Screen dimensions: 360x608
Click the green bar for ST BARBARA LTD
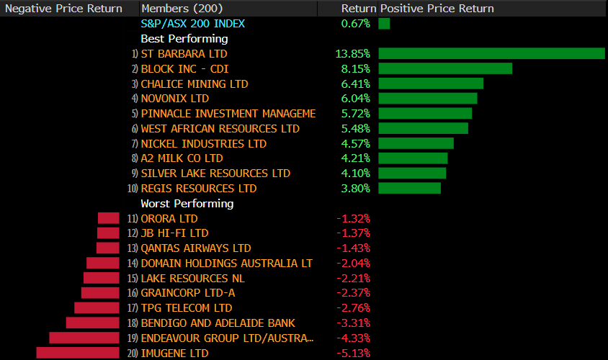click(x=491, y=53)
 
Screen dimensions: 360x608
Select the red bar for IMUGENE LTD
click(x=78, y=353)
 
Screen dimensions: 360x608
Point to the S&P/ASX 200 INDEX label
click(x=193, y=24)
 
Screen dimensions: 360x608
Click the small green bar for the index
click(x=384, y=24)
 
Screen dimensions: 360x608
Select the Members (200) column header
click(x=182, y=9)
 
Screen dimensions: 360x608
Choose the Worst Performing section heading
click(x=187, y=204)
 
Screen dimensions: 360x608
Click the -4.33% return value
click(x=353, y=338)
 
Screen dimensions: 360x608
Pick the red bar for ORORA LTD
click(x=109, y=218)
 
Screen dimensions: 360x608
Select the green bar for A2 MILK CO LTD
click(x=413, y=158)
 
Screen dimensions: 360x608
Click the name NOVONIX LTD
click(x=175, y=99)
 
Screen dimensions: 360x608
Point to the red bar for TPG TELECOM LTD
click(x=97, y=308)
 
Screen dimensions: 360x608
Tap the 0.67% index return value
click(x=356, y=24)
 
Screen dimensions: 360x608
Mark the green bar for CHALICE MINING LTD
click(x=431, y=84)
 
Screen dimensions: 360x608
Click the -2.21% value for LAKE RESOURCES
click(x=353, y=278)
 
